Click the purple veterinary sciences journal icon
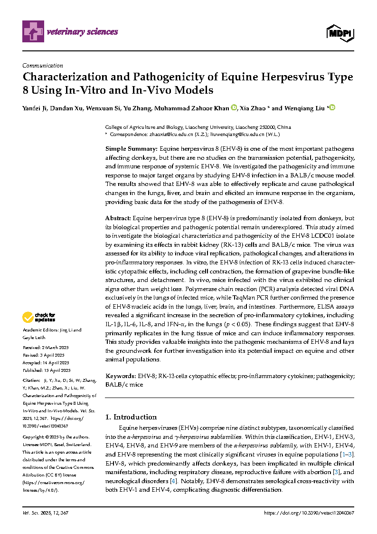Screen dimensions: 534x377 pyautogui.click(x=33, y=32)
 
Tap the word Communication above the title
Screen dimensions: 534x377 pyautogui.click(x=43, y=66)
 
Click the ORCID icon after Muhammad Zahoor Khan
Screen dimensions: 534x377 pyautogui.click(x=234, y=107)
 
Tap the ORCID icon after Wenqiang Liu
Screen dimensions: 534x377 pyautogui.click(x=332, y=107)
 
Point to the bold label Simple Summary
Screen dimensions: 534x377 pyautogui.click(x=131, y=149)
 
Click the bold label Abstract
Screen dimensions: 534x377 pyautogui.click(x=118, y=218)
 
